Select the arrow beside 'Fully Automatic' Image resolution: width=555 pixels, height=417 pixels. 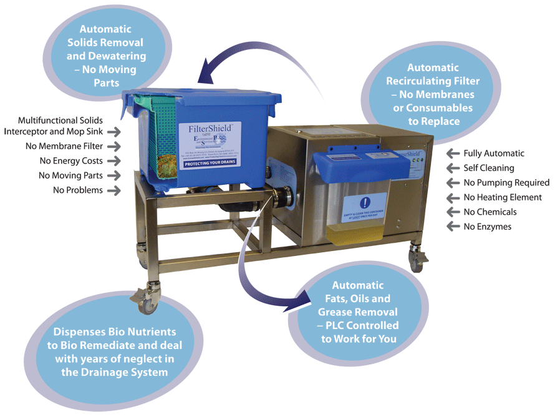click(453, 154)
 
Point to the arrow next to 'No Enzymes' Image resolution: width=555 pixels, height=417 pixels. click(453, 227)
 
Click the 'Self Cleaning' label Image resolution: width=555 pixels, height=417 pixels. click(489, 168)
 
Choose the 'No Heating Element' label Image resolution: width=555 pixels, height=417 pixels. click(503, 197)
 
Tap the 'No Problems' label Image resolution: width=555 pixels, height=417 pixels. click(78, 190)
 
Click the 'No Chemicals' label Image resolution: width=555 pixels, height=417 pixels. click(490, 212)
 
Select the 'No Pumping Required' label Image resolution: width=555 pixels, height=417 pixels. click(506, 183)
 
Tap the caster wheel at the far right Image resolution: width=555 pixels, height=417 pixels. click(415, 261)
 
